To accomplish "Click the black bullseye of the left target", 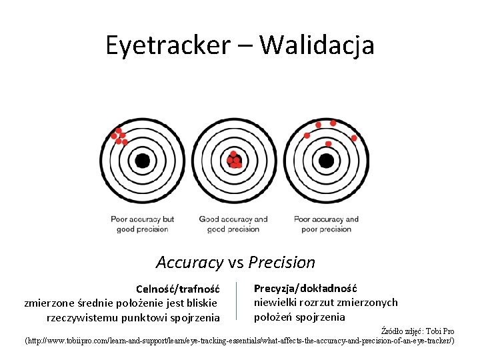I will tap(142, 161).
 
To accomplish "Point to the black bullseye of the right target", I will tap(326, 161).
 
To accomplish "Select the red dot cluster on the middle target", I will tap(234, 159).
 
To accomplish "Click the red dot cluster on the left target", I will tap(119, 136).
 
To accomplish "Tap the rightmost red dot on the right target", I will tap(354, 138).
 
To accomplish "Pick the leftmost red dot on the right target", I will tap(307, 135).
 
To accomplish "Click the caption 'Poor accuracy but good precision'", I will tap(142, 224).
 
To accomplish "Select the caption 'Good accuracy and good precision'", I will tap(233, 224).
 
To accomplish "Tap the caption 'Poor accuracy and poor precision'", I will tap(326, 224).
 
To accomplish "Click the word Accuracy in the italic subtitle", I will tap(188, 263).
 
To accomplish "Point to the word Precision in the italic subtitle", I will tap(282, 263).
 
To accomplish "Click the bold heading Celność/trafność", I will tap(177, 289).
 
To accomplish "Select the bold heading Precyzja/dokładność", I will tap(305, 288).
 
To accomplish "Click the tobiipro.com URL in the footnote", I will tap(240, 341).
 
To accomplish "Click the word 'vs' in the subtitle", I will tap(234, 263).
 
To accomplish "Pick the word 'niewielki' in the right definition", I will tap(275, 303).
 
